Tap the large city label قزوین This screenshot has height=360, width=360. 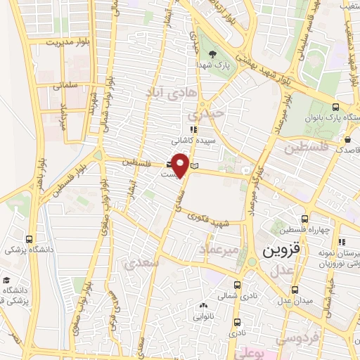coord(281,250)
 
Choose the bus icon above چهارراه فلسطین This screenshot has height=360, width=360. coord(304,219)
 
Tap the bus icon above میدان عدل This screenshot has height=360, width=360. coord(296,288)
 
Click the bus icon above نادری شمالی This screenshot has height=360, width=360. coord(236,285)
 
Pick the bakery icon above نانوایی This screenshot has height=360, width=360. coord(203,305)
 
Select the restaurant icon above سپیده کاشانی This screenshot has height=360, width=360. coord(193,129)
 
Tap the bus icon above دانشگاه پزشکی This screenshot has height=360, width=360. coord(29,238)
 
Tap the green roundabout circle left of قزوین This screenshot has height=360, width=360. coord(251,262)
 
